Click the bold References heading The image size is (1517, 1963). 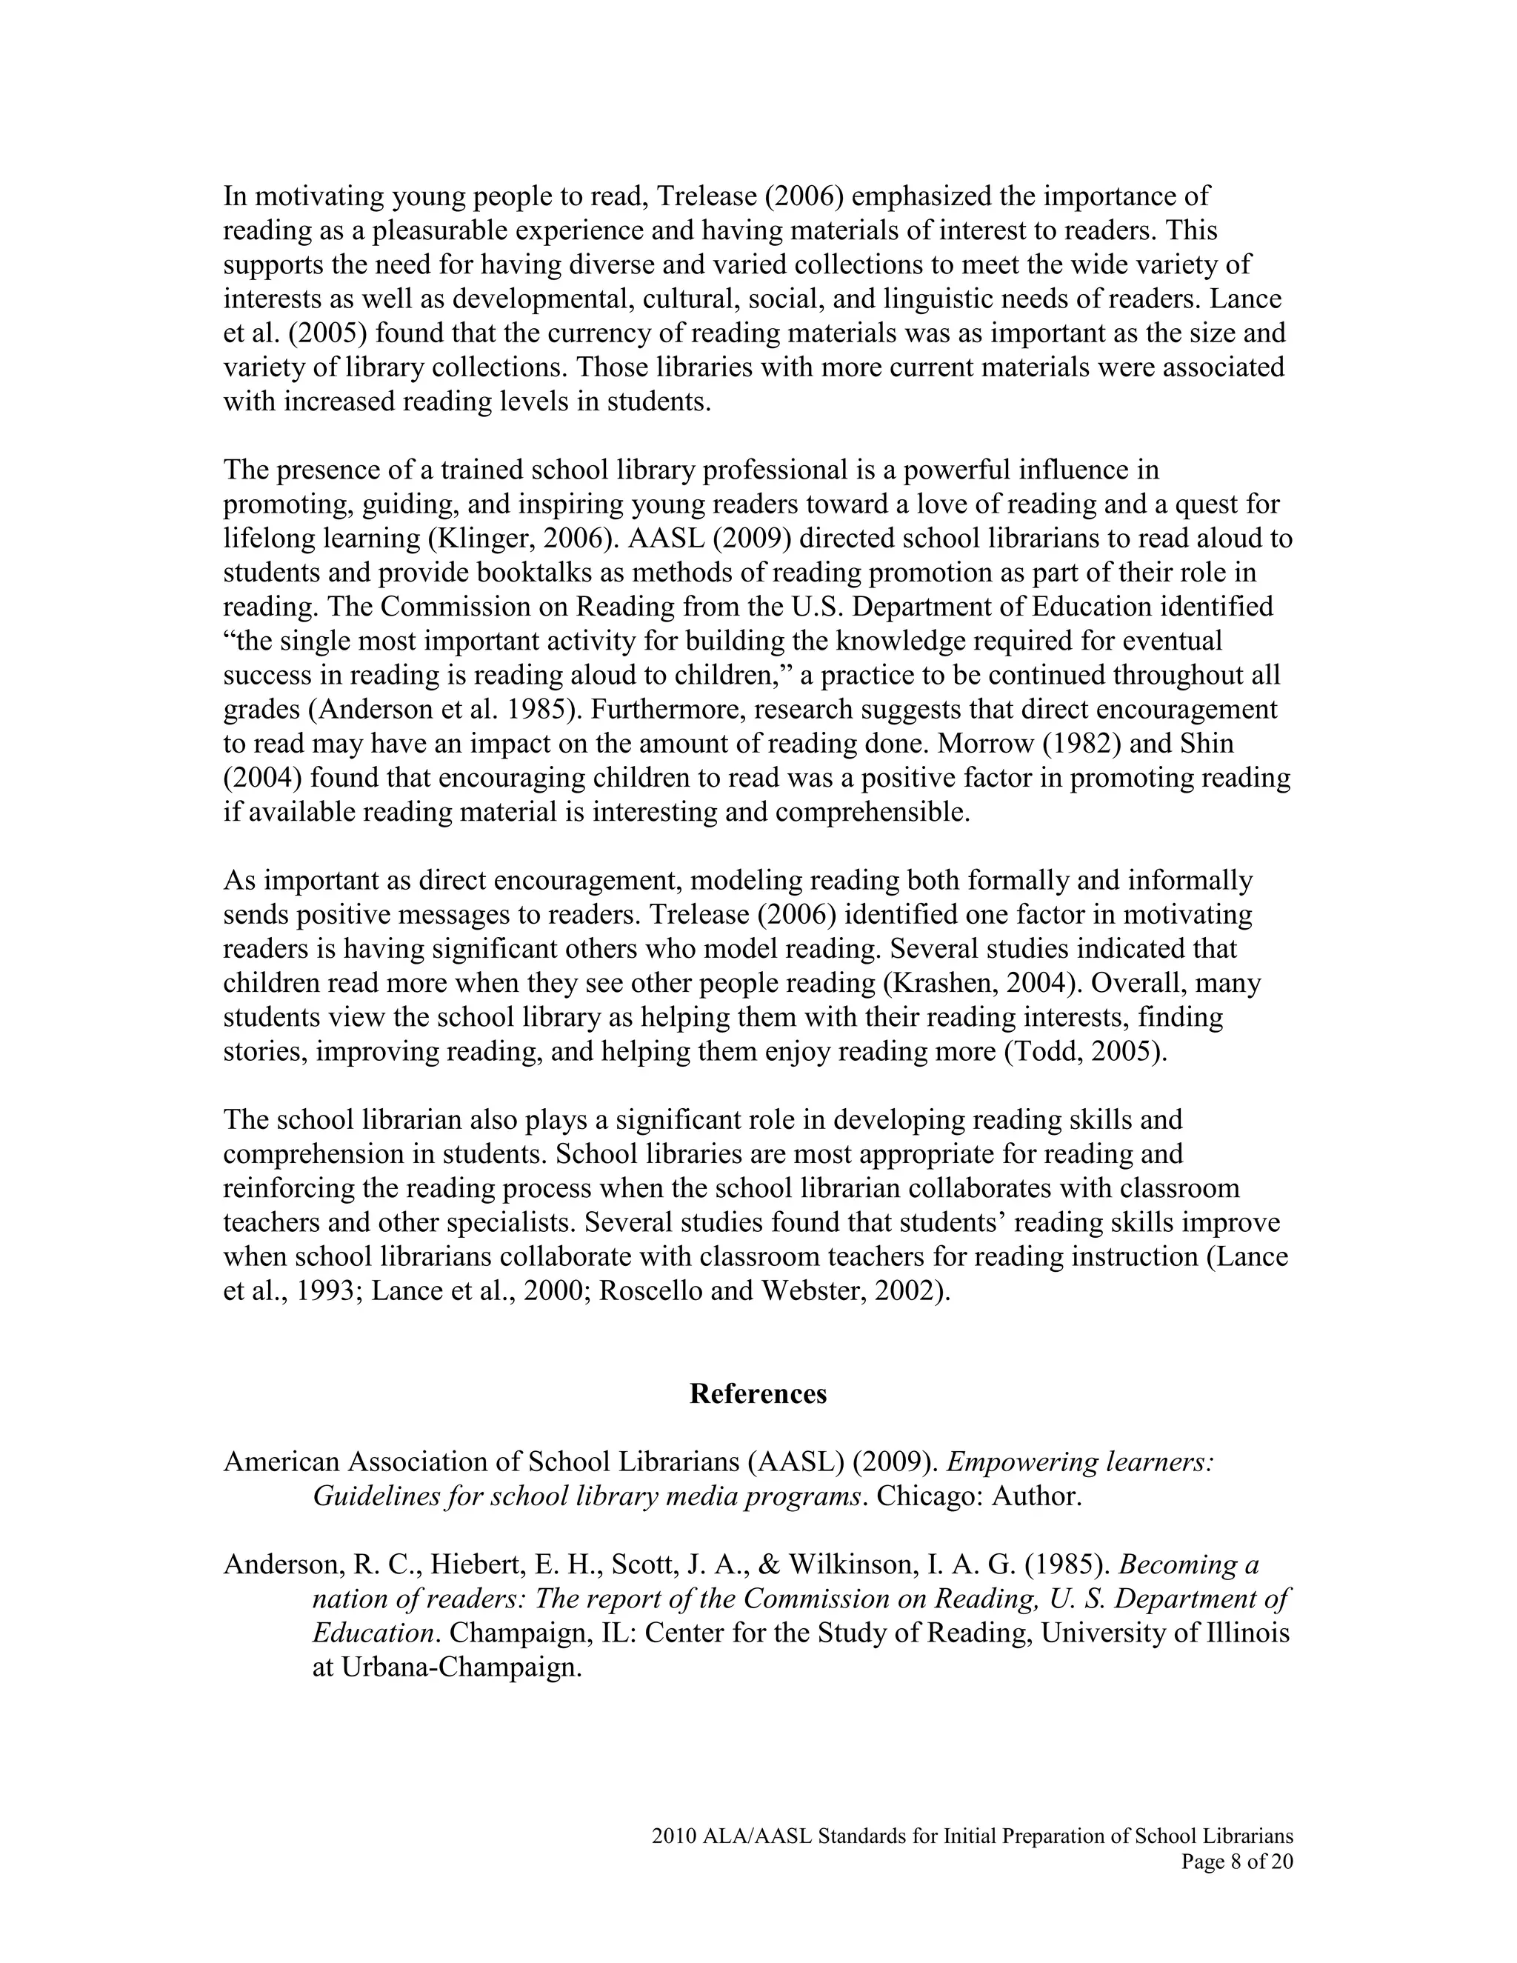758,1393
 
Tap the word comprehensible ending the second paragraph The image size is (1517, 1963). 872,812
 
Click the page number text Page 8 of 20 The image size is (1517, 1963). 1236,1862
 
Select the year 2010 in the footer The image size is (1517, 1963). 670,1836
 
